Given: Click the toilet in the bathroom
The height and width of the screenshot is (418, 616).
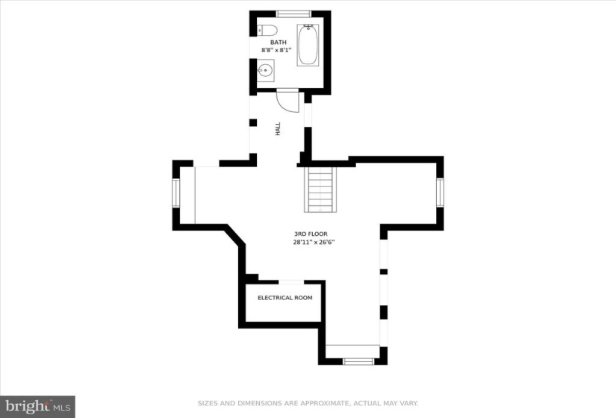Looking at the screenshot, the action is tap(267, 30).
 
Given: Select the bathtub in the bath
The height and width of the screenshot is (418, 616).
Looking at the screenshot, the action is tap(308, 45).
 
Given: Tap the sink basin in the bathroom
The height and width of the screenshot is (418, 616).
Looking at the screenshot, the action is tap(265, 71).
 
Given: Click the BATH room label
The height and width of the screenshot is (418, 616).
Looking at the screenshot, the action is tap(279, 42).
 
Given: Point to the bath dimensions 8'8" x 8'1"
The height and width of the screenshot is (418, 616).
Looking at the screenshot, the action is tap(276, 50).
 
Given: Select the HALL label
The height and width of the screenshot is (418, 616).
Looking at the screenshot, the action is tap(279, 129).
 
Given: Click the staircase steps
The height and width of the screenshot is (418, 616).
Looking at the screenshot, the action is tap(320, 190).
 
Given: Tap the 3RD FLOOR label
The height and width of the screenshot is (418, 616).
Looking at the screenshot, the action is tap(311, 234).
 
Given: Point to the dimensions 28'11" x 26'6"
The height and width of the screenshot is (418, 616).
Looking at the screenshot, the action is tap(314, 242).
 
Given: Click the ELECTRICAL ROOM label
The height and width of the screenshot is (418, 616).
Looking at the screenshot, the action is tap(284, 298).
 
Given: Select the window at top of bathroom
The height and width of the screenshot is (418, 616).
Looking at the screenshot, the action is tap(294, 14).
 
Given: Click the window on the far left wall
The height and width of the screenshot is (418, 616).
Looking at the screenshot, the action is tap(175, 193).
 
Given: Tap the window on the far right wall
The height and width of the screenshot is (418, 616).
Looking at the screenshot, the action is tap(440, 193).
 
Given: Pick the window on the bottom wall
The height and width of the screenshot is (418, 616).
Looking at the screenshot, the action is tap(358, 361).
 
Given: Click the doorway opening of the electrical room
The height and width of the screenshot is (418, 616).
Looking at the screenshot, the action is tap(291, 282).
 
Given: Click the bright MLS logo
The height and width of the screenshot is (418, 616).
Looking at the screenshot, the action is tap(38, 406).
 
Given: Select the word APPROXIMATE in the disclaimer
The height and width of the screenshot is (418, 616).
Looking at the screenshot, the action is tap(325, 403).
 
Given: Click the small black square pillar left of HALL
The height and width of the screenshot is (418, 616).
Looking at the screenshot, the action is tap(253, 122).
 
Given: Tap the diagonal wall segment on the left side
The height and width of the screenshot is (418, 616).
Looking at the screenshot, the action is tap(235, 236).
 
